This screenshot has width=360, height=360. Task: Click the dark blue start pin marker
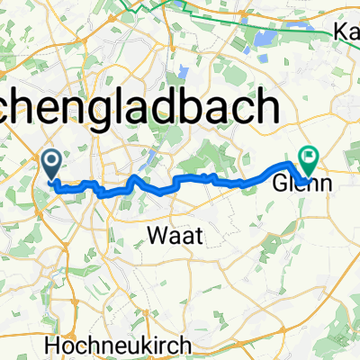point(51,162)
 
